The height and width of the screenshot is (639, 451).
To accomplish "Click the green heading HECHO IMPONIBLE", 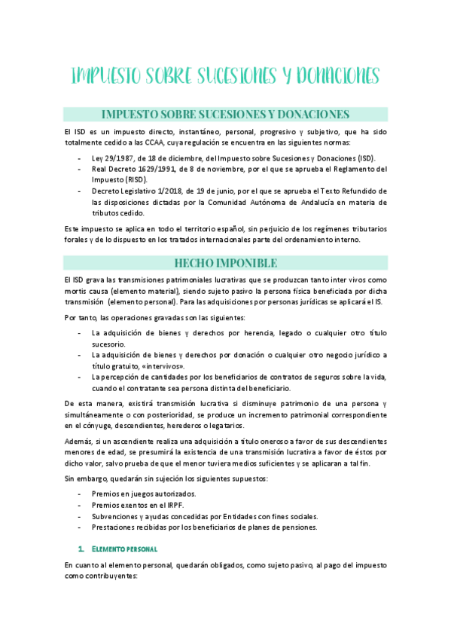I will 225,262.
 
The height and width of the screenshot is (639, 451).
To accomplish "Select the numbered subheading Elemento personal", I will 130,549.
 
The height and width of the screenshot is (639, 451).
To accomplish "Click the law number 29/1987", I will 117,158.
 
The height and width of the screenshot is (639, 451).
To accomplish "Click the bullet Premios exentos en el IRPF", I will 132,505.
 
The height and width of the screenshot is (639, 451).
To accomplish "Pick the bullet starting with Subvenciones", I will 204,516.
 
